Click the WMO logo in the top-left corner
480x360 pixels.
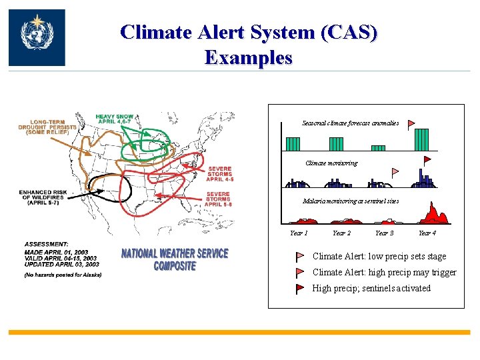(37, 37)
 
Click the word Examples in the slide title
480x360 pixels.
(249, 57)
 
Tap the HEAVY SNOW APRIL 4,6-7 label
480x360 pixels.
(115, 118)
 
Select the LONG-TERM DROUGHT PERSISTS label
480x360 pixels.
(47, 126)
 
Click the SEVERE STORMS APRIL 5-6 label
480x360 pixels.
(218, 199)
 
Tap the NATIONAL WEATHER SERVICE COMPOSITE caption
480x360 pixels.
(175, 259)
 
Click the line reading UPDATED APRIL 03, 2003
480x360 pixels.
(61, 265)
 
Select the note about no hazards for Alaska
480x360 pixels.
(63, 275)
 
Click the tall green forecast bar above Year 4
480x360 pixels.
(421, 139)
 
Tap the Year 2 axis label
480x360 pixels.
(341, 233)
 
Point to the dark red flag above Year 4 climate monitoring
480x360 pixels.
(427, 161)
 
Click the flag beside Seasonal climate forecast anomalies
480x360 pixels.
(411, 123)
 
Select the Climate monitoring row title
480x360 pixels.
(331, 163)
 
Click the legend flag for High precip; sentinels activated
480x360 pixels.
(300, 289)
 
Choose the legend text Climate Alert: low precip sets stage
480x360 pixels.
(379, 257)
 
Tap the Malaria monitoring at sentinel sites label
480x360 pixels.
(351, 201)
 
